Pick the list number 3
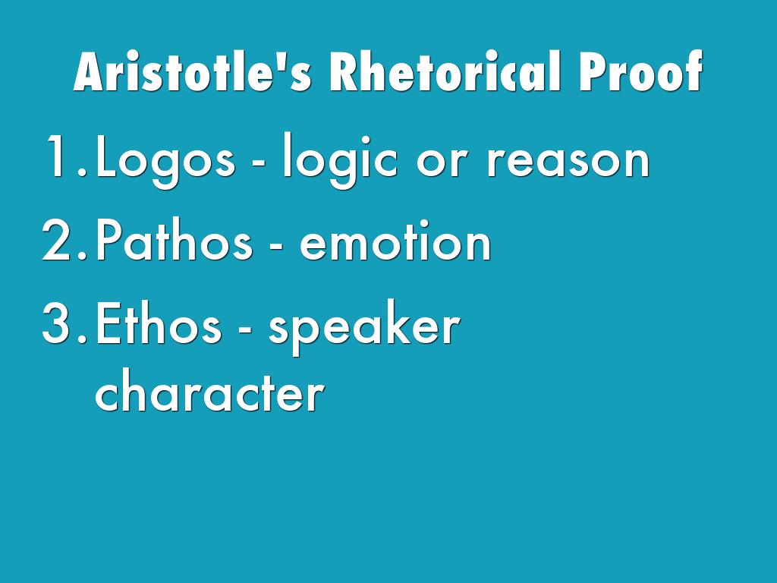(65, 323)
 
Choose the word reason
(568, 162)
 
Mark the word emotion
(395, 241)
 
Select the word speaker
(364, 327)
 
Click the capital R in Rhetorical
(344, 71)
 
